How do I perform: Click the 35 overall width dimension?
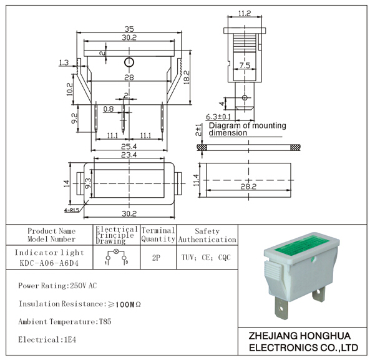click(129, 29)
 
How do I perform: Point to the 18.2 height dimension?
click(187, 77)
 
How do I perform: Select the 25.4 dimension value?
click(129, 146)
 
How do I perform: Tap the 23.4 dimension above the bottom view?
click(129, 155)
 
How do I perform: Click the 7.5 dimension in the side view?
click(245, 65)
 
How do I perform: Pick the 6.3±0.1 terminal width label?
click(218, 117)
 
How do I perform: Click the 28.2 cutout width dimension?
click(248, 187)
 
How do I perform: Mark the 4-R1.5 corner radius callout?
click(72, 210)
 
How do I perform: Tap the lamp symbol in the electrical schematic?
click(117, 251)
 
